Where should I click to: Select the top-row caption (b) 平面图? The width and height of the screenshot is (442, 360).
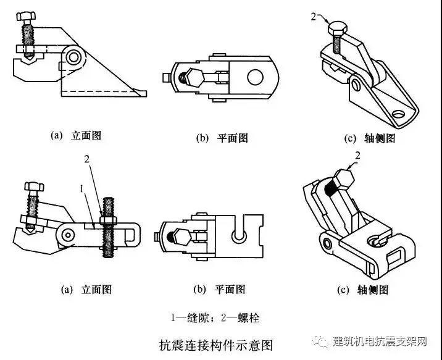click(x=222, y=138)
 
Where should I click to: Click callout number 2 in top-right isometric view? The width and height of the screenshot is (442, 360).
click(x=314, y=17)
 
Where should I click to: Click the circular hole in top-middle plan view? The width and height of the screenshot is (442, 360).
click(x=254, y=77)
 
